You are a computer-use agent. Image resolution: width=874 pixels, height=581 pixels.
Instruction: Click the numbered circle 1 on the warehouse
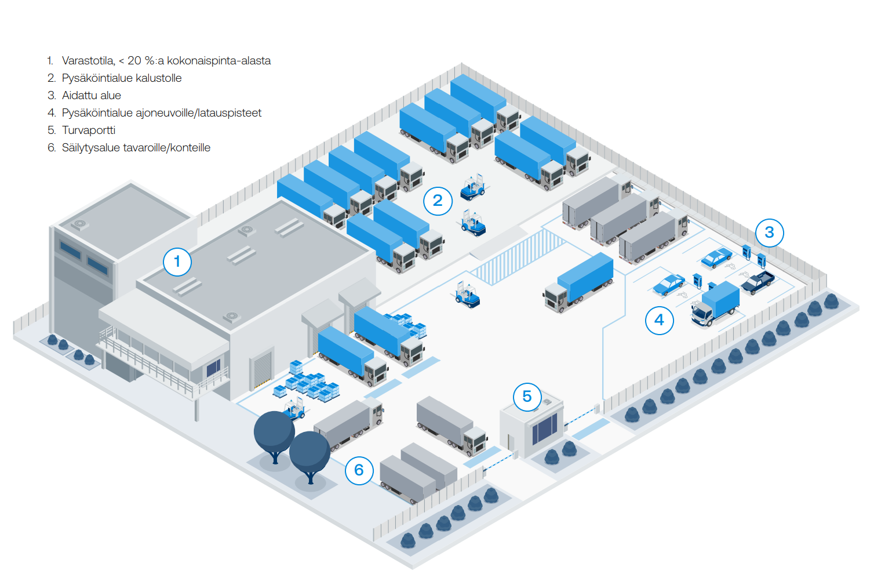tap(177, 262)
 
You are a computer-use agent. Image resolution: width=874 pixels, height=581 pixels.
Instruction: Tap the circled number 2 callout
tap(438, 201)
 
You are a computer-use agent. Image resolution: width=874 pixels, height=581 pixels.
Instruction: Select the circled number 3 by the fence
tap(769, 233)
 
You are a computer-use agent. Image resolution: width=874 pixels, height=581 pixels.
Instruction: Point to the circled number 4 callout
tap(659, 320)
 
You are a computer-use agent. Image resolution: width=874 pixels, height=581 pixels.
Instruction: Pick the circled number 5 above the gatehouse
tap(527, 397)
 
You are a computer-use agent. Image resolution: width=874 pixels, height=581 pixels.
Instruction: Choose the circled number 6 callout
tap(359, 470)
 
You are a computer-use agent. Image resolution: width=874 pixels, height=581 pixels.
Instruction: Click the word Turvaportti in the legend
tap(89, 130)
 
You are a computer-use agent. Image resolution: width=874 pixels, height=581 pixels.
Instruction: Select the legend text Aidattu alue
tap(92, 96)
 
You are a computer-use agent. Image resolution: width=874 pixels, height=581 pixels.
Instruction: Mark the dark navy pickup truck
tap(758, 282)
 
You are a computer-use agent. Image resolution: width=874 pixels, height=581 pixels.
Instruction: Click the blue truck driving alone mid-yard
tap(580, 282)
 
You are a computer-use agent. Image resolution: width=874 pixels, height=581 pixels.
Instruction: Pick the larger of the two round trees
tap(274, 432)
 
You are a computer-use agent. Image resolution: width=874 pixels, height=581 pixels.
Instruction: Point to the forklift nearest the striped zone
tap(467, 295)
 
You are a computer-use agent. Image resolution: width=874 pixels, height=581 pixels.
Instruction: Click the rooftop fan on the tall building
tap(79, 224)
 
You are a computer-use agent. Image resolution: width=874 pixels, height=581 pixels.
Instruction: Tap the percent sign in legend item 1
tap(150, 61)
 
